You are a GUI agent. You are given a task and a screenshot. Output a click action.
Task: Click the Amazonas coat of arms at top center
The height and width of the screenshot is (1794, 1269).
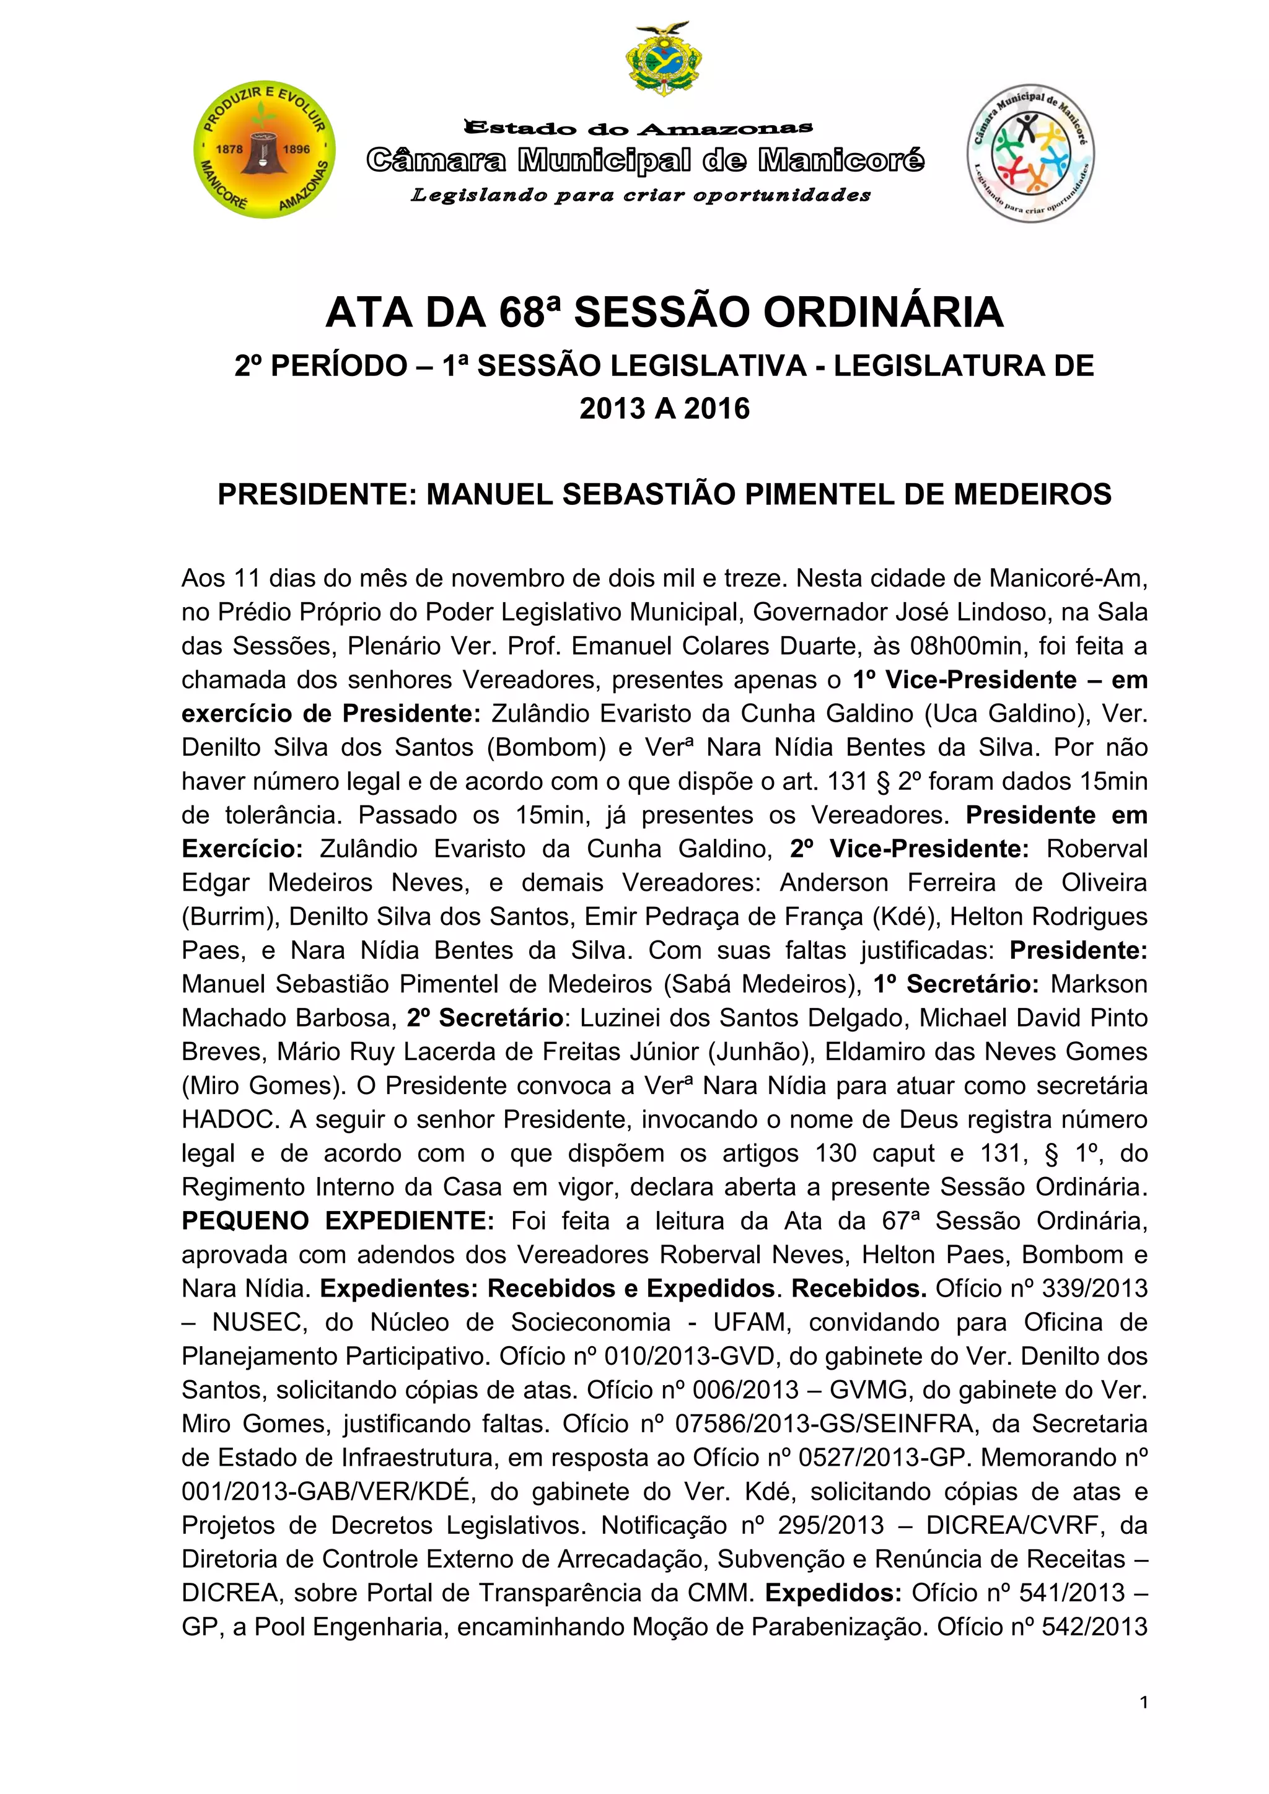(664, 59)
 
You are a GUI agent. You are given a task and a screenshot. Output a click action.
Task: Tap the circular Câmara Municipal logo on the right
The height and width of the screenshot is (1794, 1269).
(1030, 153)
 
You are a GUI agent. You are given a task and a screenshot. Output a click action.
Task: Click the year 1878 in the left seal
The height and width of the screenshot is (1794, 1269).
(228, 149)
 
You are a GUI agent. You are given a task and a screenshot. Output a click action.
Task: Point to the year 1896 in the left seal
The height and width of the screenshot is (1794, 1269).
(296, 149)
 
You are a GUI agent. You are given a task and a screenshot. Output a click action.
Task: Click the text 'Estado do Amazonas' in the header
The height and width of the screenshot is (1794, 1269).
(638, 126)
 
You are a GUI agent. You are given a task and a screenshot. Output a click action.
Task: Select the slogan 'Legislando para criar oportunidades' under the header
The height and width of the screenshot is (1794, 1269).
(641, 195)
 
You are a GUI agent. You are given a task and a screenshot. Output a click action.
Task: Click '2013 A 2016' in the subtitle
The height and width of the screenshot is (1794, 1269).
(664, 408)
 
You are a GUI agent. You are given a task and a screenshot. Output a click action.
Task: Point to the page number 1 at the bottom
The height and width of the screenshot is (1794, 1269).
(1144, 1702)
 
